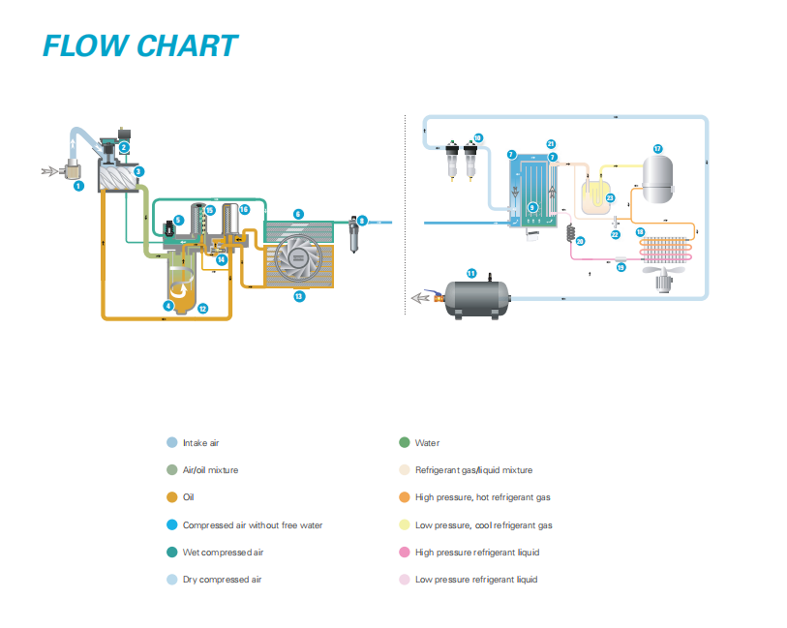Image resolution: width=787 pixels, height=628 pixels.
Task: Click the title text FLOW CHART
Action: point(139,45)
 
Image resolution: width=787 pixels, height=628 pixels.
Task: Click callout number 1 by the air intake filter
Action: point(79,185)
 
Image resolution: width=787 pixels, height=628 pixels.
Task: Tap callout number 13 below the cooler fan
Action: point(298,296)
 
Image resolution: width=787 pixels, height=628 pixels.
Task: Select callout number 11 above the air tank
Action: point(471,273)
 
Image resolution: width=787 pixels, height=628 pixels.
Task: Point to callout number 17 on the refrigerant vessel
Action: point(657,149)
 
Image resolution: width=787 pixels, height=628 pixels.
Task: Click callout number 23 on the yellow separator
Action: point(610,197)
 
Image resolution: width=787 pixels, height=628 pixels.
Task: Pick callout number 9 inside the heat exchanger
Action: point(531,207)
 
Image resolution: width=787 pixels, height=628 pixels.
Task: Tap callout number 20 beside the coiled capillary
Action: point(581,241)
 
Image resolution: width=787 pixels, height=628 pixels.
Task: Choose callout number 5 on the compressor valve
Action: point(179,221)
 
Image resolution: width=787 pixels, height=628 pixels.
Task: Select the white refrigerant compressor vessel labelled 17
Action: point(658,174)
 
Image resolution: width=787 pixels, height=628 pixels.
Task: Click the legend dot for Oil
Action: point(172,497)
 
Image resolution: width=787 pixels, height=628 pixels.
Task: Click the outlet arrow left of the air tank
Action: point(422,298)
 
